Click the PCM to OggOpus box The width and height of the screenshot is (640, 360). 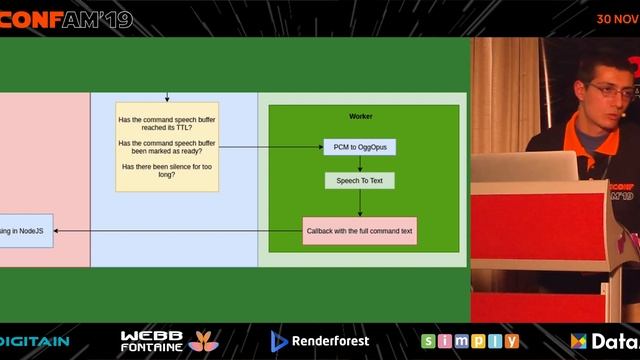(x=360, y=147)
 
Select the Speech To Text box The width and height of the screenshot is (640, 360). (x=360, y=181)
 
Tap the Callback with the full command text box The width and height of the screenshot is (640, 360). (x=359, y=231)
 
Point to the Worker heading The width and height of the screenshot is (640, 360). (x=361, y=117)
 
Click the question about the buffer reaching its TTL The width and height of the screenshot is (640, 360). (x=167, y=125)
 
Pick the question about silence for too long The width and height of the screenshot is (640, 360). (x=167, y=170)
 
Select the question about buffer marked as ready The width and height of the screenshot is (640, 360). (x=167, y=148)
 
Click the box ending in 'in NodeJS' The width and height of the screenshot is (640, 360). (x=26, y=231)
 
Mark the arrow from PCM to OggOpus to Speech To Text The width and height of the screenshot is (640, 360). (x=360, y=164)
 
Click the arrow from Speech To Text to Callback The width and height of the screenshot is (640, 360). (x=360, y=203)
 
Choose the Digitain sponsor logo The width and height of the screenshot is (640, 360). (x=34, y=341)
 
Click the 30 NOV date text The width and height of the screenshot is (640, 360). (x=617, y=18)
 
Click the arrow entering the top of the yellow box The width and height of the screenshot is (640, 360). (x=167, y=98)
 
